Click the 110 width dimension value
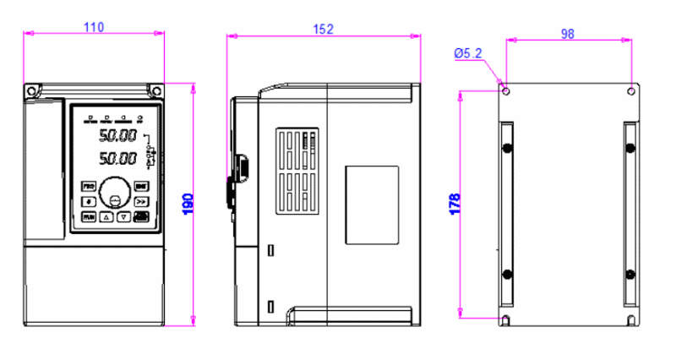pos(93,27)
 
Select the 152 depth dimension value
pos(323,29)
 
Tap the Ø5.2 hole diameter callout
pos(467,53)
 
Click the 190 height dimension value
pos(188,203)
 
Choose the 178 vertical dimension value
pos(454,203)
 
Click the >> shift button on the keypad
pos(140,201)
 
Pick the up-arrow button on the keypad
pos(106,217)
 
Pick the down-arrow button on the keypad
pos(123,217)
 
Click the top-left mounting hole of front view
pos(32,90)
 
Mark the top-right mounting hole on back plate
pos(631,89)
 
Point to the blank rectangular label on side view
pos(371,205)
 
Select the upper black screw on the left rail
pos(507,149)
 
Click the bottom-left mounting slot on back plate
pos(506,319)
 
